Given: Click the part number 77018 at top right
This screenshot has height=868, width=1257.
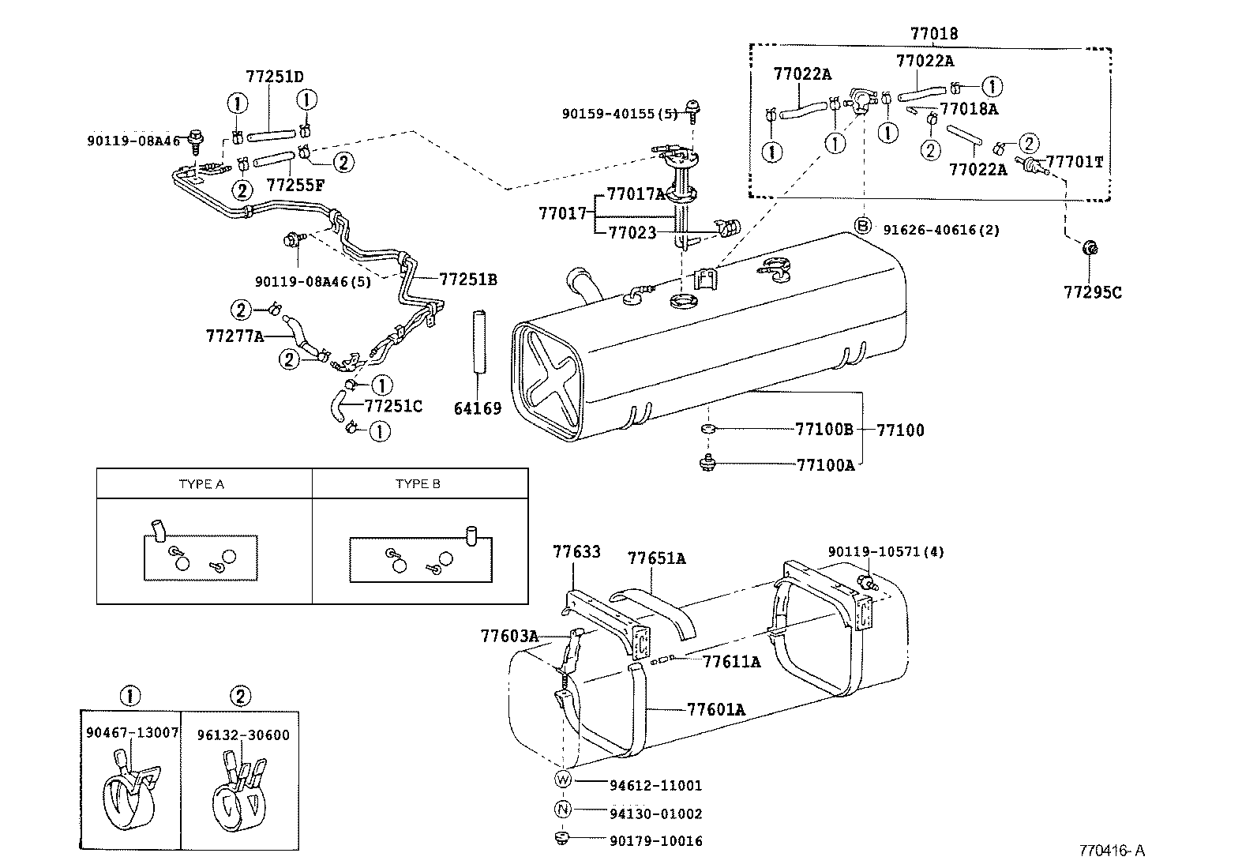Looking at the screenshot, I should click(933, 34).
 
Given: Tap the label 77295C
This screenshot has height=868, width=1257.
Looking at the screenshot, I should click(1092, 292).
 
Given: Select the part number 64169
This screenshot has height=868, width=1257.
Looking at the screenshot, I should click(478, 408).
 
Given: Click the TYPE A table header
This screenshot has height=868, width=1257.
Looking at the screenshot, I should click(201, 484).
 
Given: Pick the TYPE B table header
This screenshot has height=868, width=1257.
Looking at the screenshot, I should click(418, 484).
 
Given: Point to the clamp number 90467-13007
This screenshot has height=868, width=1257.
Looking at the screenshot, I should click(132, 735).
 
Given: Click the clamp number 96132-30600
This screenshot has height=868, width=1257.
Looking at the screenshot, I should click(243, 735).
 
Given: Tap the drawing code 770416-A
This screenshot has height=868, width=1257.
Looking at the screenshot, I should click(1112, 851).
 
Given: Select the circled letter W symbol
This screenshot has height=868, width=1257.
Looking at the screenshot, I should click(562, 780).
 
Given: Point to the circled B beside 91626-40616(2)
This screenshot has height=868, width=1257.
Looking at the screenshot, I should click(863, 226).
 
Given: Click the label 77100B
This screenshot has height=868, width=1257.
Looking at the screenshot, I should click(824, 430).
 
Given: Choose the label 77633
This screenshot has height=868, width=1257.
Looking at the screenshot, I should click(576, 552).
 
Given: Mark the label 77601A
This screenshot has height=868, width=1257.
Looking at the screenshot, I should click(715, 710).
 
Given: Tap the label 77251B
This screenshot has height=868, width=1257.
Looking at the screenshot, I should click(467, 279).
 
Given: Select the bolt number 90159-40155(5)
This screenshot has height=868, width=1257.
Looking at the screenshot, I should click(619, 114).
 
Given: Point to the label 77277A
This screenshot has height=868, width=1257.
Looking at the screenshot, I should click(235, 336).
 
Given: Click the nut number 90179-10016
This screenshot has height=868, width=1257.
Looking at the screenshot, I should click(655, 841).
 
